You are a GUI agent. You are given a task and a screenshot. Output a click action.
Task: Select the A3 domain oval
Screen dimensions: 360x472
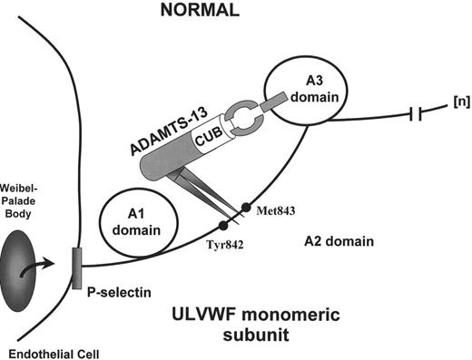coord(295,93)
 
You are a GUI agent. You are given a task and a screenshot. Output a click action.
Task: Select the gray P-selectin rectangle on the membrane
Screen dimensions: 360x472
coord(76,272)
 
